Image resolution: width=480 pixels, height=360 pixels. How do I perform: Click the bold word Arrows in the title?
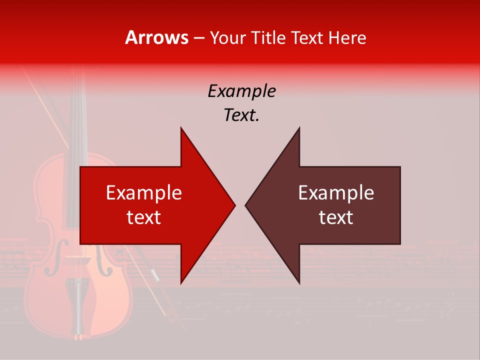tap(157, 38)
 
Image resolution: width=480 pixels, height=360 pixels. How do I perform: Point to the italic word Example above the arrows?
tap(241, 91)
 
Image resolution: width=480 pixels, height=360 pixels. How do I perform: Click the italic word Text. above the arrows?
tap(241, 115)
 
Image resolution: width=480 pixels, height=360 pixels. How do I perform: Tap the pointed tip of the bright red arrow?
tap(233, 205)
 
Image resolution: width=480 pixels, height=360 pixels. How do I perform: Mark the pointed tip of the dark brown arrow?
tap(247, 205)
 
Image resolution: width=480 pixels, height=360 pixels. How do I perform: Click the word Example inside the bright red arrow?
tap(144, 193)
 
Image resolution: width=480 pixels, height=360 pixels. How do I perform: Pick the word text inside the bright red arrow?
tap(144, 217)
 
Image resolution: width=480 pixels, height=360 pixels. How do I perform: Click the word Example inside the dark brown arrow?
tap(336, 193)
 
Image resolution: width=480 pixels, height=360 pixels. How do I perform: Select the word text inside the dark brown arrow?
tap(336, 217)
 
